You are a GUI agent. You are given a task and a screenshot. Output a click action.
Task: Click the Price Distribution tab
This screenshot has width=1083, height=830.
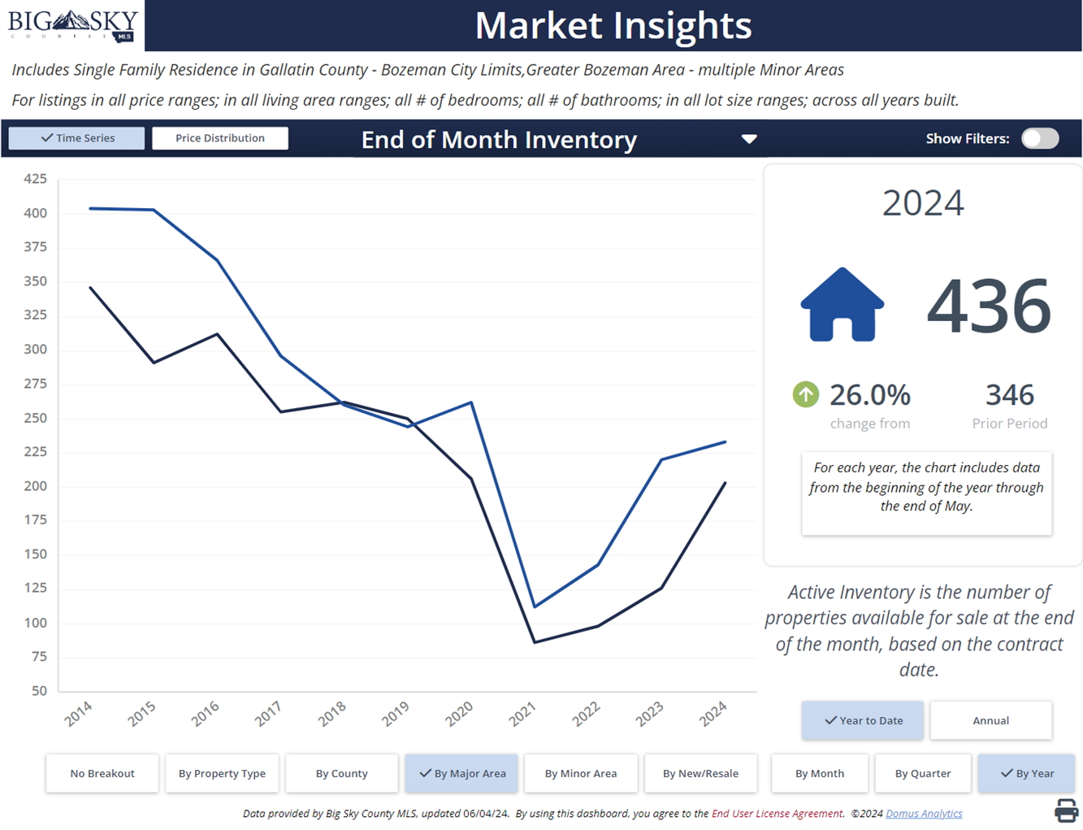coord(219,138)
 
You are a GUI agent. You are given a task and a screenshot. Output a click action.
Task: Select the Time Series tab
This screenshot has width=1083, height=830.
coord(77,138)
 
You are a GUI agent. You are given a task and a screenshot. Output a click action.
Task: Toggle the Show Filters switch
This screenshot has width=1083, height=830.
coord(1040,138)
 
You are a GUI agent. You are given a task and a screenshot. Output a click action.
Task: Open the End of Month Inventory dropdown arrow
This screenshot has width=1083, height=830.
coord(749,139)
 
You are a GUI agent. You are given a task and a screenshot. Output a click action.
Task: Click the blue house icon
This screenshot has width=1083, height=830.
coord(842,305)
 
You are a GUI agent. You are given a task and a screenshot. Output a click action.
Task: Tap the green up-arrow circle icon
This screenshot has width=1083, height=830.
coord(805,395)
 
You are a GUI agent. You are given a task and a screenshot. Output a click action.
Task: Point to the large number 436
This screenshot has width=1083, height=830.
coord(989,306)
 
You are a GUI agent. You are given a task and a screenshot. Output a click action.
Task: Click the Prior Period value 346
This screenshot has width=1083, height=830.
coord(1010,395)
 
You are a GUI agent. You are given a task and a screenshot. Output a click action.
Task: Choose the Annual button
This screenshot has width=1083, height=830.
coord(990,720)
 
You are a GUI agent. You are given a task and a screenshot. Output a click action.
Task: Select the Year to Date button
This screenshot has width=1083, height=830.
coord(863,720)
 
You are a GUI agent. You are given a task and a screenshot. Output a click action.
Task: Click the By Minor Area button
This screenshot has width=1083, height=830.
coord(581,773)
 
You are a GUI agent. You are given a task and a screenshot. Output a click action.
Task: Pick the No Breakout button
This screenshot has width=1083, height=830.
coord(102,773)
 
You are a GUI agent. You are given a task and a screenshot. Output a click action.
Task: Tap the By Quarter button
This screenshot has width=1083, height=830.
coord(923,773)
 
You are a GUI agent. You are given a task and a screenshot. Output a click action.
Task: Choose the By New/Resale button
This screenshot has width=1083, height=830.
coord(700,773)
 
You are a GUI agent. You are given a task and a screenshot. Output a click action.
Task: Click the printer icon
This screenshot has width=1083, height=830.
coord(1066,810)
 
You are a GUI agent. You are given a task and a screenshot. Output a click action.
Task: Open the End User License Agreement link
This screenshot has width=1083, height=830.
coord(778,814)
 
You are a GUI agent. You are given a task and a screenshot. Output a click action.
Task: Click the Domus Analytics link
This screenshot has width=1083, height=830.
coord(924,814)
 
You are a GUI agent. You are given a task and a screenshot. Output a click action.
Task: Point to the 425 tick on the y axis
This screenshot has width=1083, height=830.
coord(35,179)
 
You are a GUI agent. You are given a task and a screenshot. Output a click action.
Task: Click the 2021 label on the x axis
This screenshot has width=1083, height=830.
coord(522,714)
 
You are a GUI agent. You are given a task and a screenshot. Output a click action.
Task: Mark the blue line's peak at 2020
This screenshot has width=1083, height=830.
coord(471,402)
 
